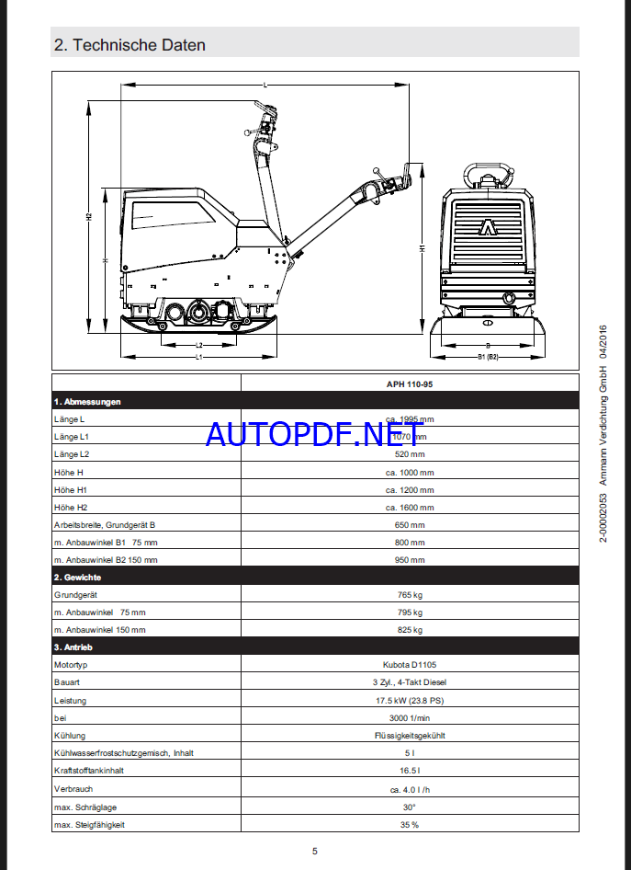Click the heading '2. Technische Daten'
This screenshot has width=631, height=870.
(x=130, y=44)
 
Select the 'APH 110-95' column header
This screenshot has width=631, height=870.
(x=410, y=384)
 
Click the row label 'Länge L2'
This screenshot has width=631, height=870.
(x=72, y=454)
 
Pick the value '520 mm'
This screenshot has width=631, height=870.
(x=410, y=454)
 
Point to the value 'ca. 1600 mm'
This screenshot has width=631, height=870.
(x=410, y=508)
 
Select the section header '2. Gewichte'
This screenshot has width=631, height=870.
(x=77, y=578)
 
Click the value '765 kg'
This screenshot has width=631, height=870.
(x=410, y=595)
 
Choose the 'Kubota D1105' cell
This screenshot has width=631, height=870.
(x=410, y=665)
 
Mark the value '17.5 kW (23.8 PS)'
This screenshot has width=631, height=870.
(x=410, y=700)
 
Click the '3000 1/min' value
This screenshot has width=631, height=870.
(x=410, y=717)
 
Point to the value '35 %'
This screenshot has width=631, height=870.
(x=410, y=824)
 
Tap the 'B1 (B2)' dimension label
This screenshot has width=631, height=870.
(x=487, y=357)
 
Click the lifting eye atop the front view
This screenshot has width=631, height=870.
(x=487, y=175)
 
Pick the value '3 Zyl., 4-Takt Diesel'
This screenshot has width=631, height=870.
(x=410, y=682)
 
